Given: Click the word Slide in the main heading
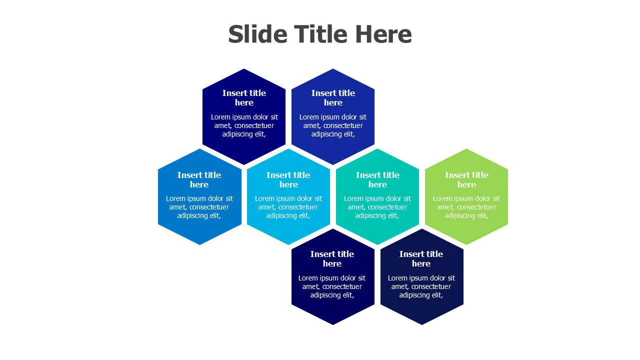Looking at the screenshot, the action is click(x=257, y=34).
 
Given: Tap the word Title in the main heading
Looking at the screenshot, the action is click(x=321, y=34).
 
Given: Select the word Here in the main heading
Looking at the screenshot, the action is click(x=383, y=34).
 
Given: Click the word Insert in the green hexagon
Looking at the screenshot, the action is click(x=456, y=175).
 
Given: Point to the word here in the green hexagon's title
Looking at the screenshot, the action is click(x=466, y=184).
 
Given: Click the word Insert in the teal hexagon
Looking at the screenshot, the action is click(x=367, y=175).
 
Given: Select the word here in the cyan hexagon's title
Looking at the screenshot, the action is click(x=288, y=184).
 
